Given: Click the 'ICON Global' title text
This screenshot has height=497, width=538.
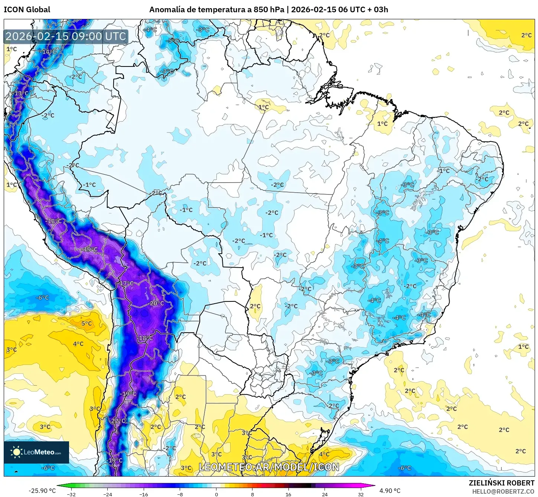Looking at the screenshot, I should (x=27, y=10).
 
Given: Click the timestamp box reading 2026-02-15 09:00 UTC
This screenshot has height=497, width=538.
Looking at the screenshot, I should (x=66, y=36).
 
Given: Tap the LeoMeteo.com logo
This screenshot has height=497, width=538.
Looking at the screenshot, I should (x=36, y=452).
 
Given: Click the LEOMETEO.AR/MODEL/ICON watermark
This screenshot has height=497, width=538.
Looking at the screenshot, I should (x=269, y=467).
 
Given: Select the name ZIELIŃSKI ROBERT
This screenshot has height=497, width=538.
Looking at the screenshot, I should (x=501, y=483).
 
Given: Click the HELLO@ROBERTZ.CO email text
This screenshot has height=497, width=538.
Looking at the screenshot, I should (x=503, y=491).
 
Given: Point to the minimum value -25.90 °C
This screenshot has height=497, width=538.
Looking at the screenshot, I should (x=42, y=491).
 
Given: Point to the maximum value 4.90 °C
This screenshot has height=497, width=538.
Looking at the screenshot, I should (x=389, y=491).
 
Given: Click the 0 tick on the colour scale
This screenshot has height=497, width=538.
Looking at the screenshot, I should (x=216, y=494).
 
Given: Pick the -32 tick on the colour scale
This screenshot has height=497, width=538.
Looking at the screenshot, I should (x=71, y=494).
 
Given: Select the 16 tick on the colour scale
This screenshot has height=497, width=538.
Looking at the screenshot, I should (x=288, y=494).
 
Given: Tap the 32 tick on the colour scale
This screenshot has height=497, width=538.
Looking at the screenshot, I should (x=361, y=494).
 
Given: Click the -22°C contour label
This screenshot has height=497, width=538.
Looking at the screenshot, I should (x=118, y=421).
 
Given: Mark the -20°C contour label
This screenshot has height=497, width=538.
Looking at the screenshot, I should (x=156, y=303).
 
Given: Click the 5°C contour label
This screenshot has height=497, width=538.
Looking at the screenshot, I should (x=87, y=323).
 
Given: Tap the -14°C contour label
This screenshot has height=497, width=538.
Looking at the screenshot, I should (x=48, y=52).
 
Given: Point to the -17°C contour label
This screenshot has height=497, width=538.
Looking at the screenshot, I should (x=126, y=283).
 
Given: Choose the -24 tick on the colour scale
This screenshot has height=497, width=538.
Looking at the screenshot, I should (x=107, y=494).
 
